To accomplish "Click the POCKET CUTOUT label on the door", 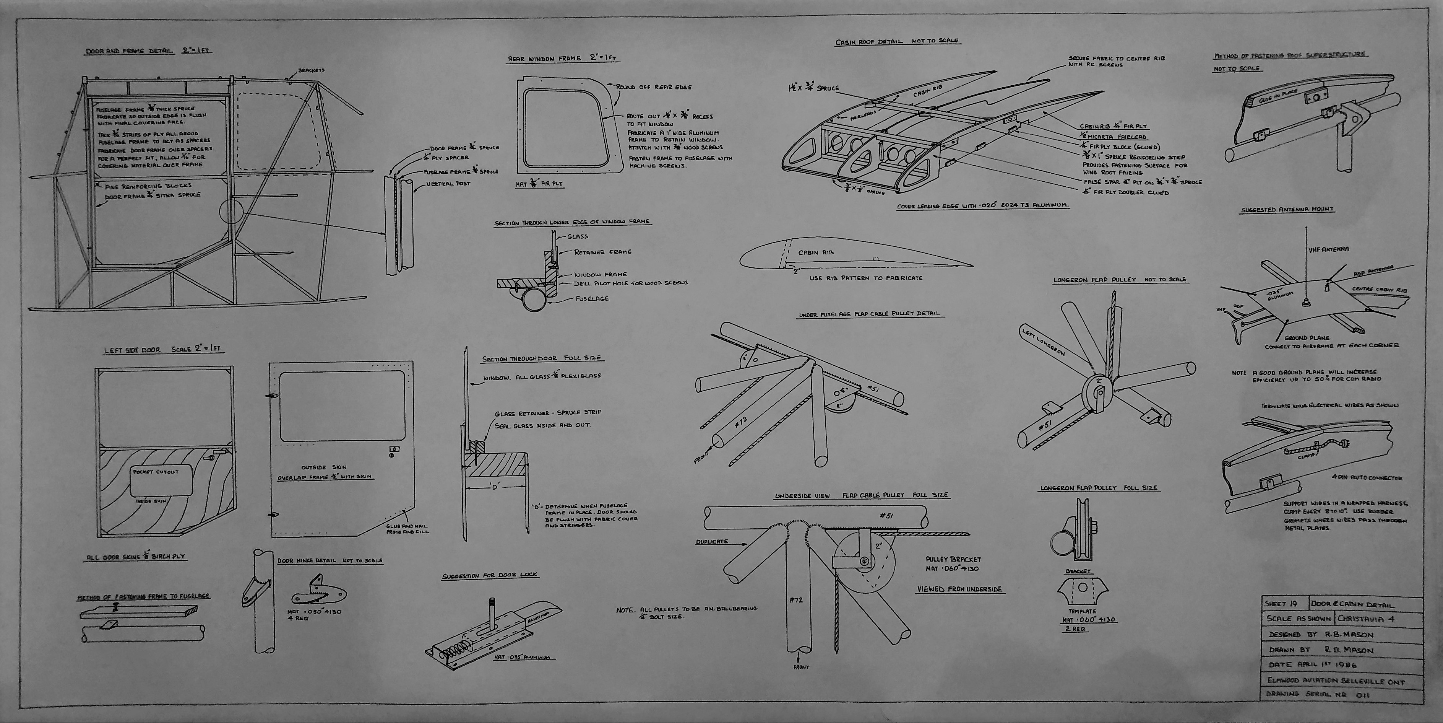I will point(156,472).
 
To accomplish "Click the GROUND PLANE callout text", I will point(1306,338).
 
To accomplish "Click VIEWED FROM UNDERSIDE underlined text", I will point(959,589).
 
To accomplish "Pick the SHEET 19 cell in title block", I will point(1281,604).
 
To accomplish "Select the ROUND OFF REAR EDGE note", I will point(654,88).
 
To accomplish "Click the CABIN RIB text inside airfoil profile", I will point(816,253).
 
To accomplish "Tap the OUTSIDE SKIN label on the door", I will point(324,467).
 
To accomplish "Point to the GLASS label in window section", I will point(578,236).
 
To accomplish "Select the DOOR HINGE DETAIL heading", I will point(330,560).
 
